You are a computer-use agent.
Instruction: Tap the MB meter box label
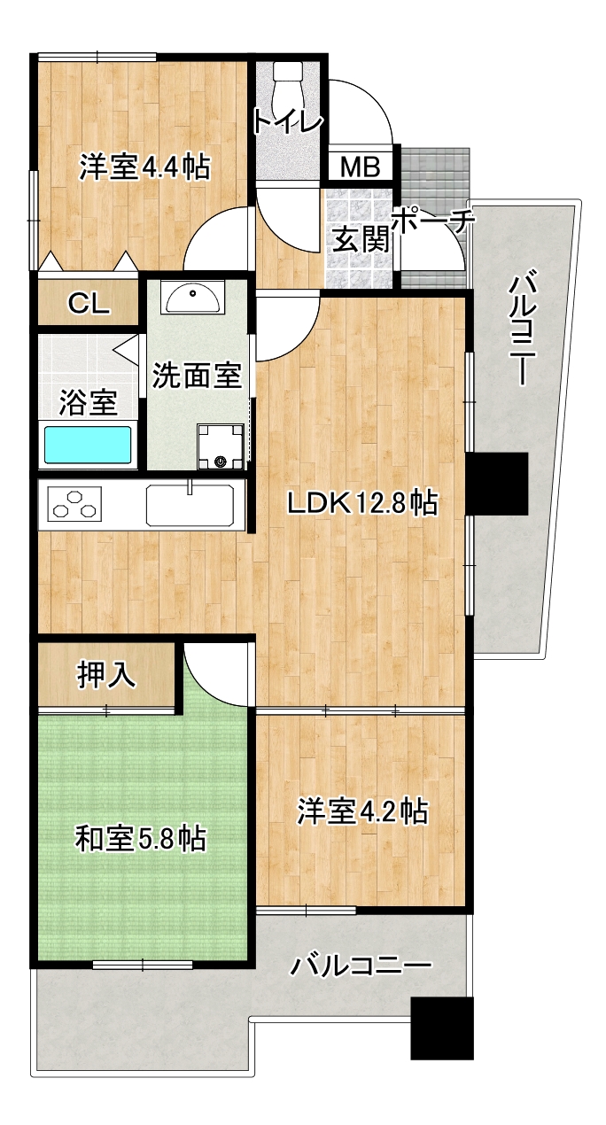tap(360, 167)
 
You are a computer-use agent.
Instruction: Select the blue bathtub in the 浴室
tap(88, 445)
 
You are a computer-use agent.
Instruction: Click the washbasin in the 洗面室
tap(192, 299)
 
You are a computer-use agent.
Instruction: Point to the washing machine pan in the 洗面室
tap(221, 446)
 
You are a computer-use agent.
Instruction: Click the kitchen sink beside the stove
tap(190, 504)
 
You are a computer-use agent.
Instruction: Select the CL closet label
tap(89, 303)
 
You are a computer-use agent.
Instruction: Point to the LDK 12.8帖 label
tap(362, 503)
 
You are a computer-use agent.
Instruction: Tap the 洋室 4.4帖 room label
tap(144, 167)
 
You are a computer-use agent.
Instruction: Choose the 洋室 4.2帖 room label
tap(362, 811)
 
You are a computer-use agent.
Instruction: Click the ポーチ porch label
tap(432, 220)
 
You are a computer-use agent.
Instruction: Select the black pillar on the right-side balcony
tap(496, 484)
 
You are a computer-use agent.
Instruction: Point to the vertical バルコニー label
tap(523, 327)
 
